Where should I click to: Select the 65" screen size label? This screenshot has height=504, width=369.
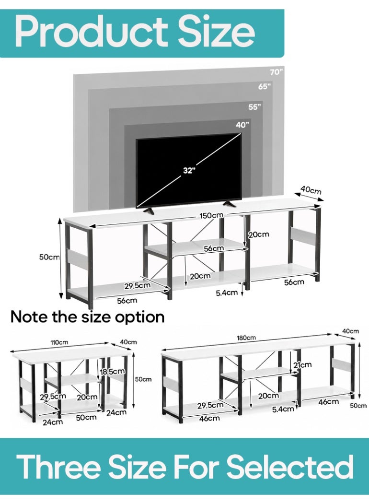tap(265, 86)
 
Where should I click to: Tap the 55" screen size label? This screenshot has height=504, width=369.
tap(254, 107)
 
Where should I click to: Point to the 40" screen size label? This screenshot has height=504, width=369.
tap(242, 125)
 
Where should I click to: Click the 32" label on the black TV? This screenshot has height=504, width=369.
tap(189, 170)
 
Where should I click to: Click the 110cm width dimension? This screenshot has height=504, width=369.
tap(59, 342)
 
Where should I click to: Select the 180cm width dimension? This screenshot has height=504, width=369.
tap(246, 338)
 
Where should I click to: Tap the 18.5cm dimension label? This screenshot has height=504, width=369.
tap(112, 372)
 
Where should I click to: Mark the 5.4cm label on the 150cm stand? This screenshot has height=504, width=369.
tap(227, 293)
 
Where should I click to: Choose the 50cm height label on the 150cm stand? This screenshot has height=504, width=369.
tap(49, 257)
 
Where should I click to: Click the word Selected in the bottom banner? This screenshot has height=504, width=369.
tap(290, 467)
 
